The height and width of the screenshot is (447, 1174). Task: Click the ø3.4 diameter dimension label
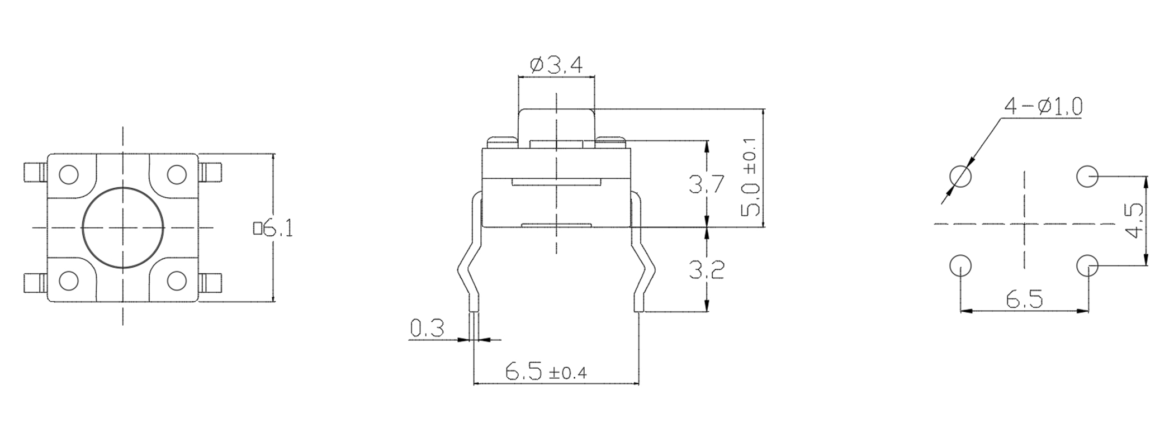click(556, 66)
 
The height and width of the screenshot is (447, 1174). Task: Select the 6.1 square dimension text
click(273, 229)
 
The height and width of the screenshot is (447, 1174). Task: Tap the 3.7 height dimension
click(707, 184)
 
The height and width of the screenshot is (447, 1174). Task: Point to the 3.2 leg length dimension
click(707, 270)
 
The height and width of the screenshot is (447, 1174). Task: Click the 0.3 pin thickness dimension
click(427, 328)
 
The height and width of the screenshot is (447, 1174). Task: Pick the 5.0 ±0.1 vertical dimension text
click(750, 177)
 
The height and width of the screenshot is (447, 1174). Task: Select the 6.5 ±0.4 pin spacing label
click(546, 371)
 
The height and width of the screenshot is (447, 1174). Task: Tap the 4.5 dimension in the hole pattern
click(1134, 221)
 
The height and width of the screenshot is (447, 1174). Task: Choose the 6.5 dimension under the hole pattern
click(1025, 300)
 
